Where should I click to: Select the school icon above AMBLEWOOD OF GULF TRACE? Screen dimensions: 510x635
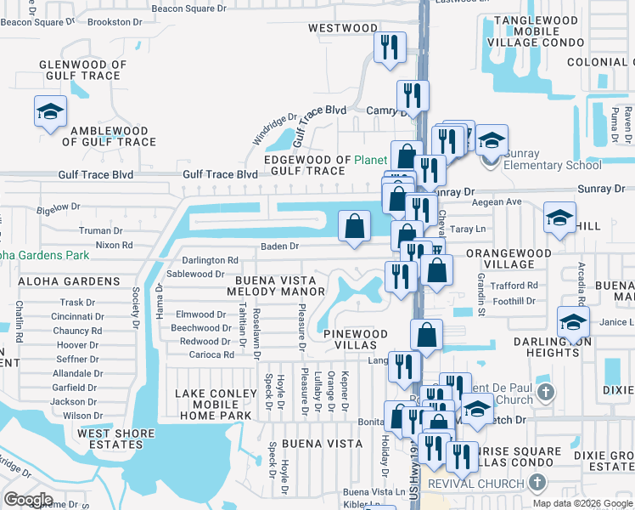coord(50,111)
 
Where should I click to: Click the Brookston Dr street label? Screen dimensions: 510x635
coord(115,21)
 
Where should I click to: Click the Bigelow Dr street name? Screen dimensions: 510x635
coord(58,207)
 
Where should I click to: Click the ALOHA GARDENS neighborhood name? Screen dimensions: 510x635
coord(56,281)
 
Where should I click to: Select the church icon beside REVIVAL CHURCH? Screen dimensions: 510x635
coord(536,483)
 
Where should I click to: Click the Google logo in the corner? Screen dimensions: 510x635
coord(29,499)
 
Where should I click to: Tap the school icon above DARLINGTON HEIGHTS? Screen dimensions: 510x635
coord(573,323)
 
